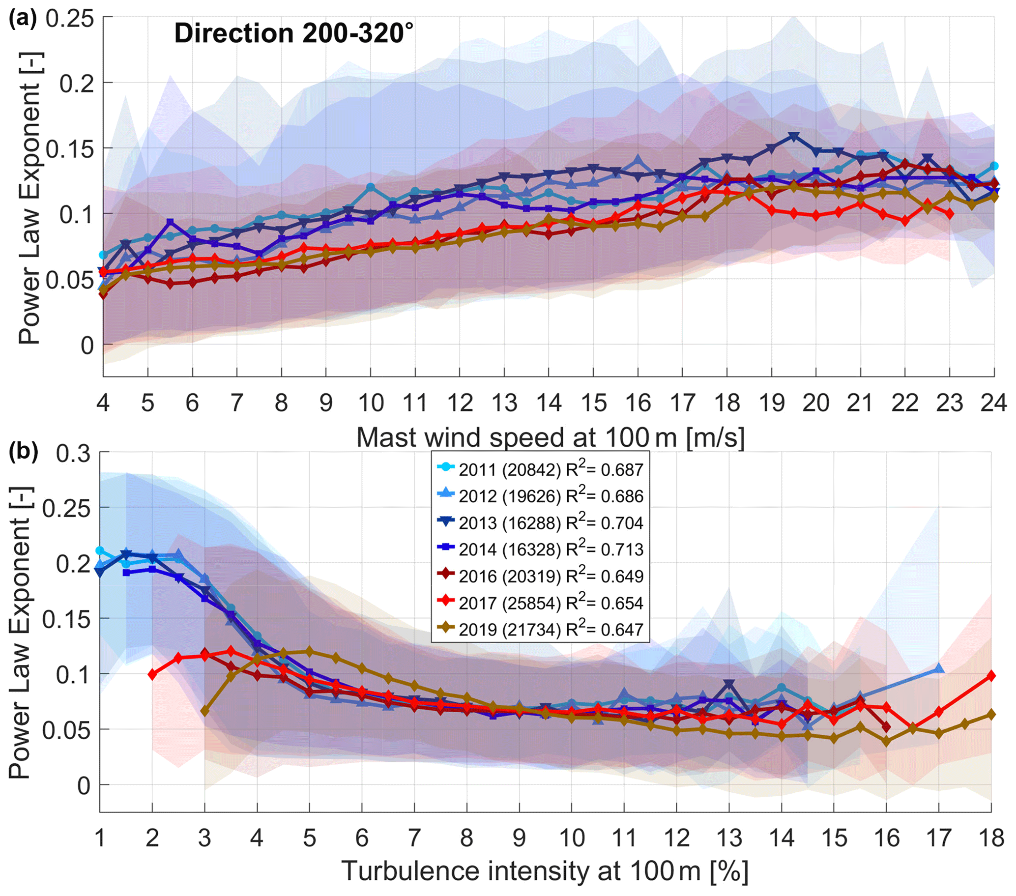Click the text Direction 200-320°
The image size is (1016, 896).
pyautogui.click(x=293, y=34)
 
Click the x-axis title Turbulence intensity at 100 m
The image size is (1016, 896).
pyautogui.click(x=545, y=871)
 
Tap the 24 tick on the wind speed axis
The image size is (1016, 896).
pyautogui.click(x=993, y=403)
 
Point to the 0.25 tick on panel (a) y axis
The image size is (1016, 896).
pyautogui.click(x=70, y=19)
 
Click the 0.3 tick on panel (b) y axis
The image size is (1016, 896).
pyautogui.click(x=75, y=453)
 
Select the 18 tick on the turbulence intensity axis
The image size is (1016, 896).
pyautogui.click(x=990, y=838)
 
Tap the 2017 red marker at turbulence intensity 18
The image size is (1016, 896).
pyautogui.click(x=990, y=676)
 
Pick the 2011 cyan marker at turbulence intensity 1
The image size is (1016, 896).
pyautogui.click(x=100, y=550)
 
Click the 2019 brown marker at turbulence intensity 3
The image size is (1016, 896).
pyautogui.click(x=204, y=712)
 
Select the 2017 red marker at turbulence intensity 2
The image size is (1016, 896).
pyautogui.click(x=152, y=674)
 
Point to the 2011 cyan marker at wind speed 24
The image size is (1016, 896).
pyautogui.click(x=993, y=166)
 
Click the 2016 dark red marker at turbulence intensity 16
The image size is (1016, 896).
pyautogui.click(x=886, y=727)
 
